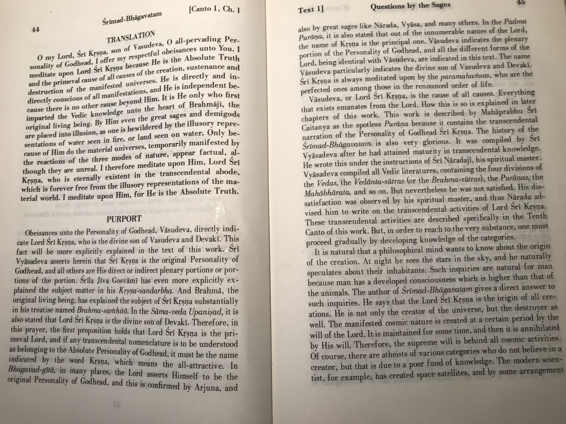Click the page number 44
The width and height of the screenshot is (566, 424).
click(x=35, y=30)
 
